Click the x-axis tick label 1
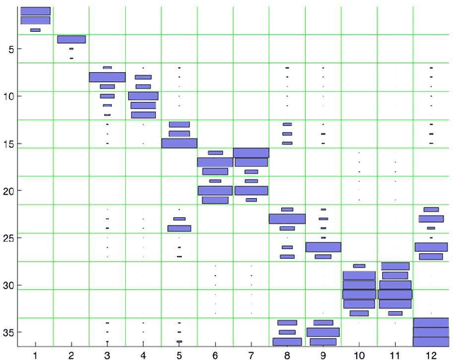click(x=35, y=352)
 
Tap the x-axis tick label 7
click(x=251, y=352)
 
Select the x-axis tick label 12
click(x=431, y=352)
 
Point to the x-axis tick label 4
click(x=143, y=352)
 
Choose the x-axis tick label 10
click(x=359, y=352)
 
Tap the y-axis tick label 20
click(x=9, y=191)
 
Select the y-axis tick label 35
click(x=9, y=332)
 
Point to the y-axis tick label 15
click(x=9, y=144)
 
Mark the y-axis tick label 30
click(x=9, y=285)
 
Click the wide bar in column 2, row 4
click(x=71, y=40)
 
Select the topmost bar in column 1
click(x=35, y=11)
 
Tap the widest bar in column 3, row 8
click(x=107, y=77)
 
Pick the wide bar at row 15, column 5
click(x=179, y=143)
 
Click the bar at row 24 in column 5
click(x=179, y=228)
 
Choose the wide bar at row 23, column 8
click(x=287, y=219)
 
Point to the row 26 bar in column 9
click(x=323, y=247)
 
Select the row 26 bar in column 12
click(x=431, y=247)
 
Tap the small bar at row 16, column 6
click(x=215, y=153)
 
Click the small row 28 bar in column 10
click(x=359, y=266)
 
